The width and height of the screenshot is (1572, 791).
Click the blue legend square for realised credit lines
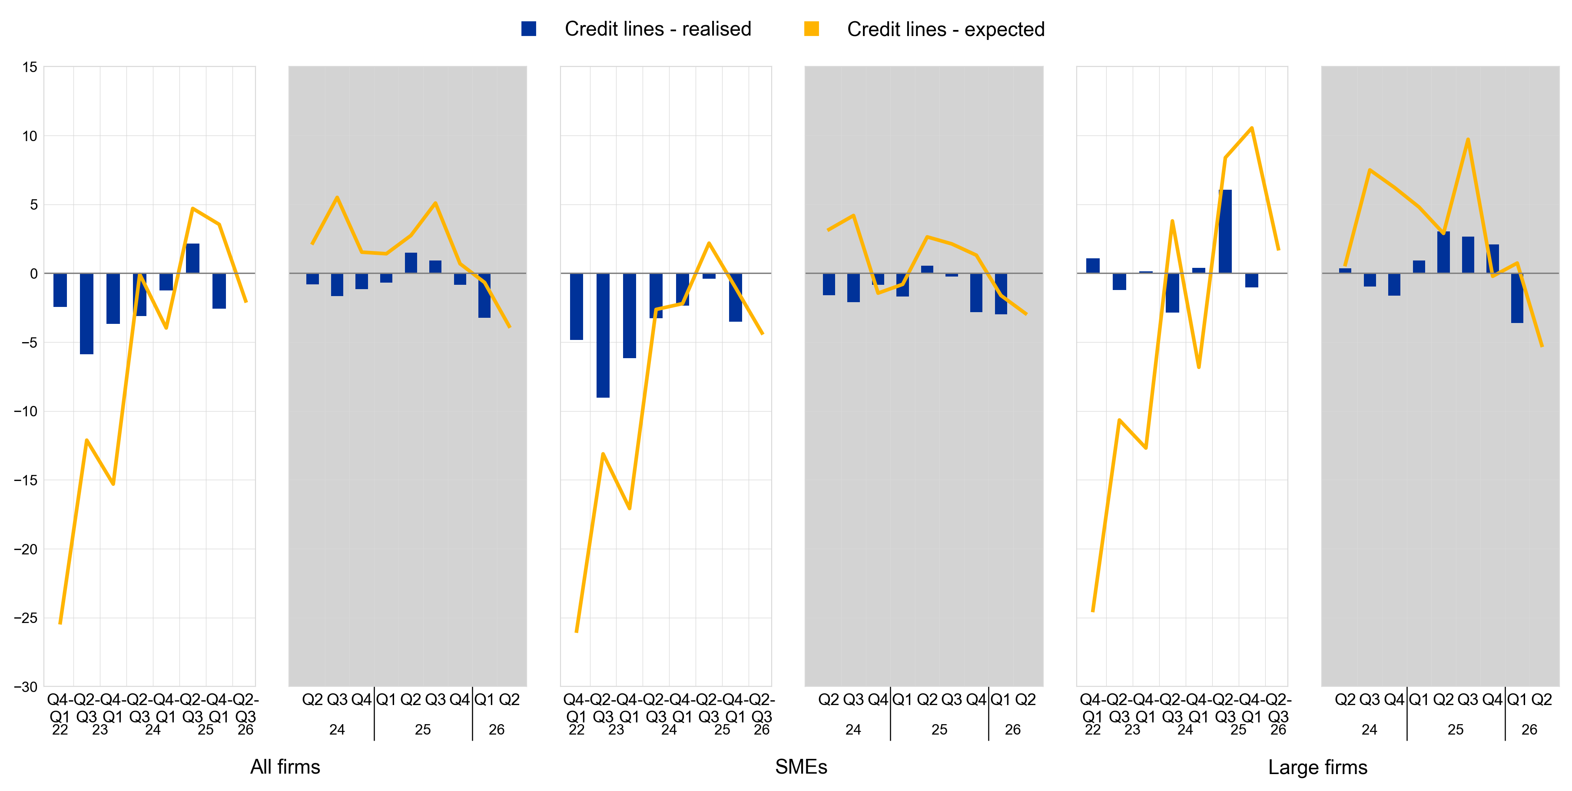click(x=528, y=29)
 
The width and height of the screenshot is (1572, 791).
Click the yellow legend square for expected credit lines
click(x=811, y=29)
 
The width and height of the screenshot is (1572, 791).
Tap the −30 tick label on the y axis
click(x=26, y=687)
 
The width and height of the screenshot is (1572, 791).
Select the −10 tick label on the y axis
click(x=26, y=412)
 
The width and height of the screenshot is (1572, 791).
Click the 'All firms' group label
click(x=285, y=767)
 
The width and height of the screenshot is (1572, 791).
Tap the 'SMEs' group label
click(x=801, y=767)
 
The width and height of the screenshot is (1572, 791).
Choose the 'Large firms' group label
click(x=1317, y=767)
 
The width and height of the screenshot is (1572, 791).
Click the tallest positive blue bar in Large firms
click(x=1225, y=232)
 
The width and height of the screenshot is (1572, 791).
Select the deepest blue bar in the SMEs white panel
click(x=603, y=336)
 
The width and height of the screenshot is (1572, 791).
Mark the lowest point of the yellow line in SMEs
click(x=577, y=631)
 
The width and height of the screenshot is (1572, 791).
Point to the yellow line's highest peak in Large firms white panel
click(x=1252, y=128)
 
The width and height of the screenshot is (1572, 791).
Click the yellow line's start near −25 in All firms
click(x=60, y=623)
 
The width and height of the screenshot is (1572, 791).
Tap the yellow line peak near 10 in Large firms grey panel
click(x=1468, y=140)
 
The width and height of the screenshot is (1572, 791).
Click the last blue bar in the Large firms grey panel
click(x=1517, y=298)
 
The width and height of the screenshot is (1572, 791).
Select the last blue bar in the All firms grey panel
click(x=484, y=296)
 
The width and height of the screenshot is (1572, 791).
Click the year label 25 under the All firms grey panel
click(x=423, y=729)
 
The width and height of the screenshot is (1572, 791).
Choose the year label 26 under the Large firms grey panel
click(x=1529, y=729)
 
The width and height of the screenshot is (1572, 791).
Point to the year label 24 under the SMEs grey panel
click(x=853, y=729)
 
